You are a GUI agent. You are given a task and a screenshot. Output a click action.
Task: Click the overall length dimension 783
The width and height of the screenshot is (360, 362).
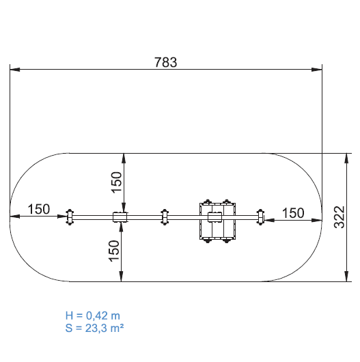165,62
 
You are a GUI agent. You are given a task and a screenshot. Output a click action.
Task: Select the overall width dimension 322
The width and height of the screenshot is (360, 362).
340,217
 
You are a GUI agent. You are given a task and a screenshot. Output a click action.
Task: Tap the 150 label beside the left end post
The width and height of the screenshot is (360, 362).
38,209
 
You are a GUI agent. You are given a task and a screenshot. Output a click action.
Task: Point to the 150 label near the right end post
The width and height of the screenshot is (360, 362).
293,213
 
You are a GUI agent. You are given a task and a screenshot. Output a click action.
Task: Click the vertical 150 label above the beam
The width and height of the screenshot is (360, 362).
117,182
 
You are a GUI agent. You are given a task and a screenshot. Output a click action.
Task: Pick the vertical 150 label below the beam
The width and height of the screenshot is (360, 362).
114,251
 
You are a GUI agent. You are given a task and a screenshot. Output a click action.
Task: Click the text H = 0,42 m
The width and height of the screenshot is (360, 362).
93,316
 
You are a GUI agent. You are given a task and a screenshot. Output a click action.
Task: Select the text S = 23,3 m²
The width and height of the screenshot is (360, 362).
94,328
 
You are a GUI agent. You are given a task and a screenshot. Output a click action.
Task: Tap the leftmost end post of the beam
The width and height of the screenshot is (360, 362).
70,217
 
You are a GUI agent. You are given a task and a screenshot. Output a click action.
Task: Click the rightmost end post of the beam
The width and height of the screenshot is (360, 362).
260,217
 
